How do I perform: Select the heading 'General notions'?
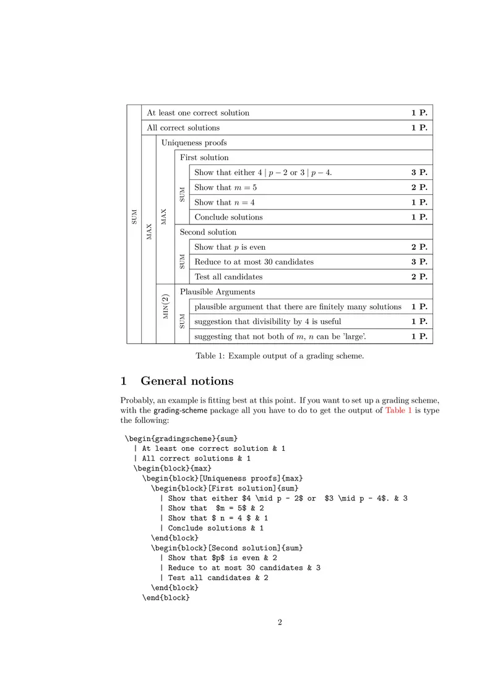[x=187, y=381]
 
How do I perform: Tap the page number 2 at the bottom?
[x=280, y=623]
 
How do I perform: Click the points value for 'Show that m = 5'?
[x=419, y=187]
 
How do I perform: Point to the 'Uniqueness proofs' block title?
[x=194, y=143]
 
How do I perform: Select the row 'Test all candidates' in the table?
[x=228, y=277]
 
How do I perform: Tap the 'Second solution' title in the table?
[x=208, y=233]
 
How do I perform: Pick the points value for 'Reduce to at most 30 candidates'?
[x=419, y=262]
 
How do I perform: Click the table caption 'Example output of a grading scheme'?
[x=280, y=356]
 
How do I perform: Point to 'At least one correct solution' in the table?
[x=198, y=113]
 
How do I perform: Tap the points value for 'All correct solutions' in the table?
[x=419, y=128]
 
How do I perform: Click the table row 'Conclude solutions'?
[x=228, y=218]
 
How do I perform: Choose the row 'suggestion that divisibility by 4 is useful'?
[x=267, y=322]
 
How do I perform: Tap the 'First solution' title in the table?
[x=204, y=158]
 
